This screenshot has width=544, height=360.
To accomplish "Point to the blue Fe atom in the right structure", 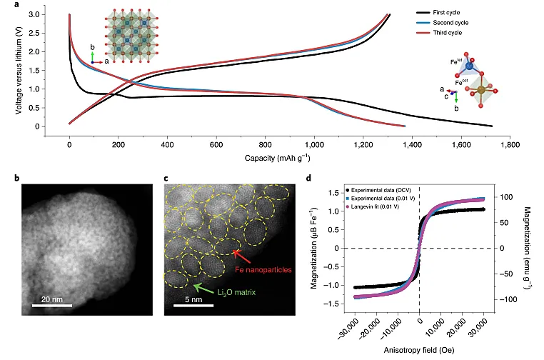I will (469, 67).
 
